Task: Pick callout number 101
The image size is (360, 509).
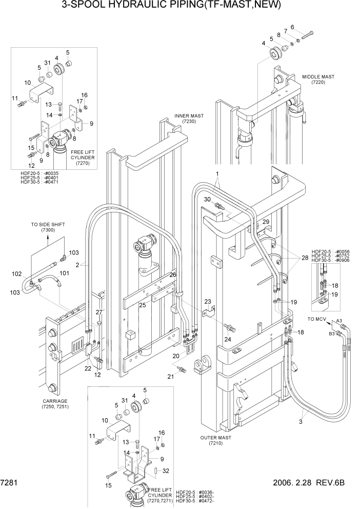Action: (65, 273)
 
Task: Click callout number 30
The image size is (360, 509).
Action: (207, 199)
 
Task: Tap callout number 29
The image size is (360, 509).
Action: (266, 221)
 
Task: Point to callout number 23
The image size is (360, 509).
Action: (208, 302)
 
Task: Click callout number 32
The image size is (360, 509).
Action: (165, 470)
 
